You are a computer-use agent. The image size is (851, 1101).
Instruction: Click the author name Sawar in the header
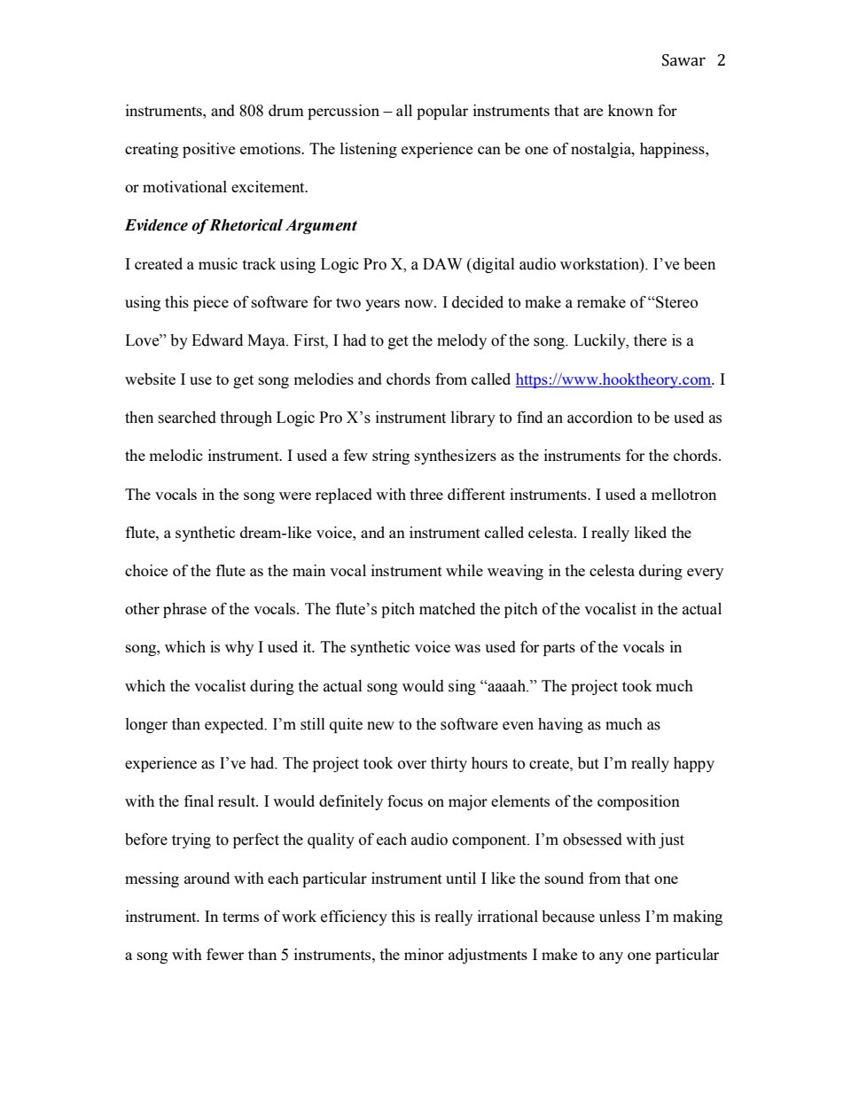[683, 60]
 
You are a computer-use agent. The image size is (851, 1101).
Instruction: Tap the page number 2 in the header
[721, 60]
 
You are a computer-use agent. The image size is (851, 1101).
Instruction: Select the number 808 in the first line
[250, 111]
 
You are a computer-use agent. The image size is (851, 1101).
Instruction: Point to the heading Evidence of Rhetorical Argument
[240, 225]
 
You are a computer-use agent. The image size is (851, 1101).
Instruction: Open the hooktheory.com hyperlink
[613, 379]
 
